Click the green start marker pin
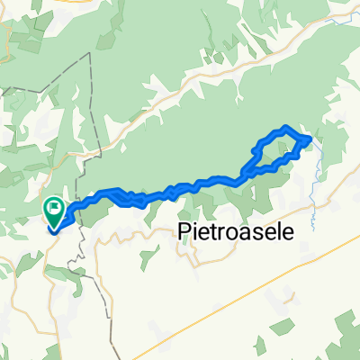tap(55, 211)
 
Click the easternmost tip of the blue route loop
tap(310, 139)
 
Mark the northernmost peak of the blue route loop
tap(285, 128)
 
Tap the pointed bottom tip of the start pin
tap(55, 227)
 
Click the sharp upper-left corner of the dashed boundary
tap(91, 55)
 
